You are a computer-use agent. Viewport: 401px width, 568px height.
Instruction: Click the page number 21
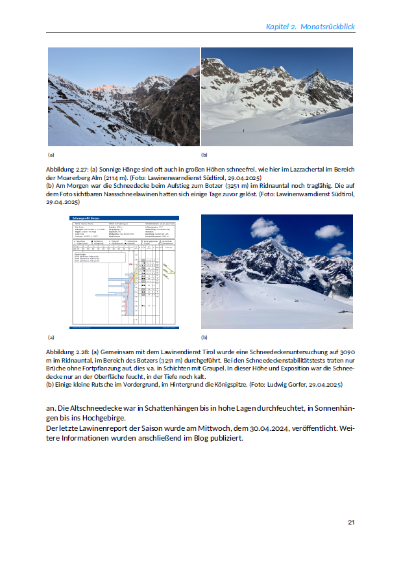click(x=351, y=522)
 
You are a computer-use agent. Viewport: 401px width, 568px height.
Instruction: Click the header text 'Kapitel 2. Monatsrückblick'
click(x=310, y=27)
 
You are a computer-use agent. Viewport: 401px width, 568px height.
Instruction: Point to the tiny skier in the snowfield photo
click(x=244, y=132)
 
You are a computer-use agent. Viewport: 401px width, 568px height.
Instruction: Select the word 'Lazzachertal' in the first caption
click(x=284, y=169)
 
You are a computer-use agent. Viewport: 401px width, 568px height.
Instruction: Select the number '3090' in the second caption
click(x=348, y=351)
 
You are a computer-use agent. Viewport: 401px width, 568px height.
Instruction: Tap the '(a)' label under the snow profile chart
click(x=51, y=338)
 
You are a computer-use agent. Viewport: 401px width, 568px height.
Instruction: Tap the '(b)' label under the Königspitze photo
click(x=204, y=338)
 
